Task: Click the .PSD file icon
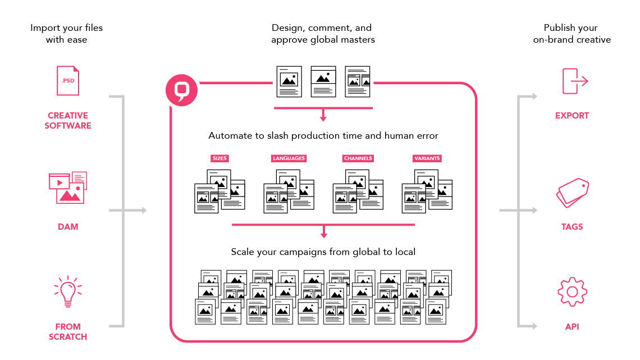[68, 81]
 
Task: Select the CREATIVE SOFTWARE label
[68, 121]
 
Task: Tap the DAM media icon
[68, 188]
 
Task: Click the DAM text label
[68, 227]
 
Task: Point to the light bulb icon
[68, 291]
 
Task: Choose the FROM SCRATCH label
[68, 331]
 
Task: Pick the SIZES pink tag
[220, 158]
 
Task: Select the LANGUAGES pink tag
[289, 158]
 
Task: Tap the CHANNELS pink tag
[358, 158]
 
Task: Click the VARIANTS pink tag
[427, 158]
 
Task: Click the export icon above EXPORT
[574, 81]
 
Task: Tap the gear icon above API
[572, 291]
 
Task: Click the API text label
[572, 326]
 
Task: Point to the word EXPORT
[572, 116]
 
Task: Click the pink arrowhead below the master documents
[323, 118]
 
